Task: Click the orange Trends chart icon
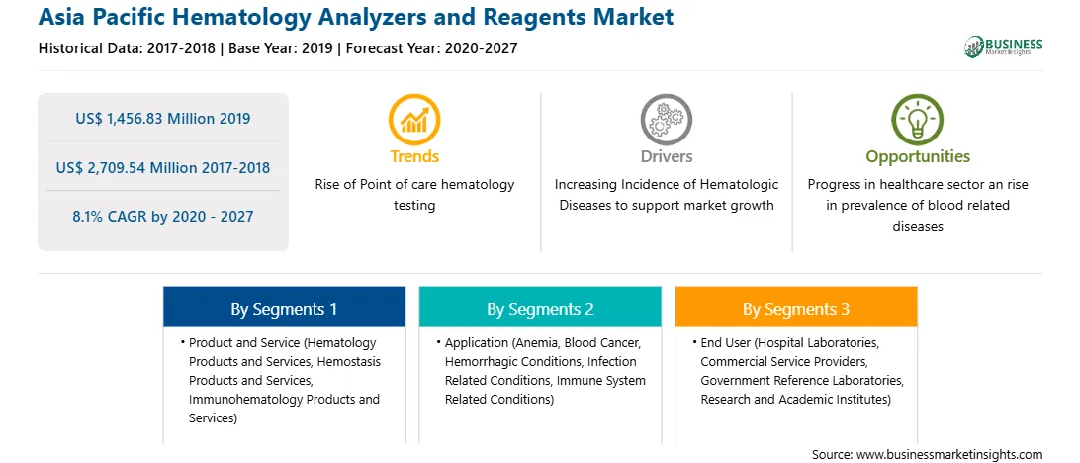pos(414,119)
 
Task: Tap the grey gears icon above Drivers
pos(666,119)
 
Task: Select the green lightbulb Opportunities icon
pos(918,119)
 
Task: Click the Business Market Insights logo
pos(1003,46)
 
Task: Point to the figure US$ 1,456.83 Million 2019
pos(162,119)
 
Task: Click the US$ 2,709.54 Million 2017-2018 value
pos(162,167)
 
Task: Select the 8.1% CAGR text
pos(162,217)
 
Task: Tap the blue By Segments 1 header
pos(284,309)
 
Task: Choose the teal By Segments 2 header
pos(540,309)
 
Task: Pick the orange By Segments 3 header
pos(795,309)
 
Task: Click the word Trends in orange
pos(414,156)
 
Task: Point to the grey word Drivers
pos(666,156)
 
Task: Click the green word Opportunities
pos(918,157)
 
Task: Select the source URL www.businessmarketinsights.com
pos(949,455)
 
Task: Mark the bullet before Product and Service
pos(183,342)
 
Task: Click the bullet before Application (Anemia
pos(439,342)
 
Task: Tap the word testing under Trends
pos(414,206)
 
